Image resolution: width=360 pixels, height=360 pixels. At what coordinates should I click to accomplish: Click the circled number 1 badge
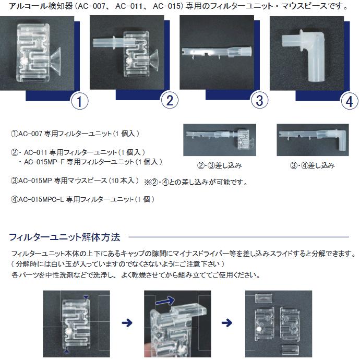[x=79, y=101]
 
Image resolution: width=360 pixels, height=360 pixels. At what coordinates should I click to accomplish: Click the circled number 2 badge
[x=170, y=100]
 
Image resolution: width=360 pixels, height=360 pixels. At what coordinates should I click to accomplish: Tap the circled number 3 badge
[x=259, y=100]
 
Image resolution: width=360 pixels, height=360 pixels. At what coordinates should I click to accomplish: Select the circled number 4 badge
[x=350, y=101]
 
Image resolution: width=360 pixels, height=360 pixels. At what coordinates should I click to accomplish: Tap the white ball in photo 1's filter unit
[x=23, y=62]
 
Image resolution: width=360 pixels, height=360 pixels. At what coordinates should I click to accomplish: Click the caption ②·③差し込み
[x=220, y=165]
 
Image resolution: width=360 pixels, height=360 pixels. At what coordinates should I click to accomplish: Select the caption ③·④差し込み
[x=312, y=165]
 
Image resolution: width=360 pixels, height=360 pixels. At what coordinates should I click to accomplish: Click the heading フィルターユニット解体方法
[x=65, y=237]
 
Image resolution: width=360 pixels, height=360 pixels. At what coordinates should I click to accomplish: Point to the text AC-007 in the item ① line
[x=30, y=134]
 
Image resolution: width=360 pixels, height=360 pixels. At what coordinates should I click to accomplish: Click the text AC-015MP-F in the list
[x=44, y=162]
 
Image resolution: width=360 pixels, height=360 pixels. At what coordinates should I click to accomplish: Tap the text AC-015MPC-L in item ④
[x=41, y=199]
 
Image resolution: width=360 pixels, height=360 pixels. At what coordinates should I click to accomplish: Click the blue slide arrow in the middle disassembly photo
[x=165, y=300]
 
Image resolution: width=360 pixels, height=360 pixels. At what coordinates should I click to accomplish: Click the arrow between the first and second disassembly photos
[x=127, y=323]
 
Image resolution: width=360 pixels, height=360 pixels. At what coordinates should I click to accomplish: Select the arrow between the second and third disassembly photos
[x=227, y=323]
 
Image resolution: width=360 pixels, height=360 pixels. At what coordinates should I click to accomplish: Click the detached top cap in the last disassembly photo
[x=264, y=298]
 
